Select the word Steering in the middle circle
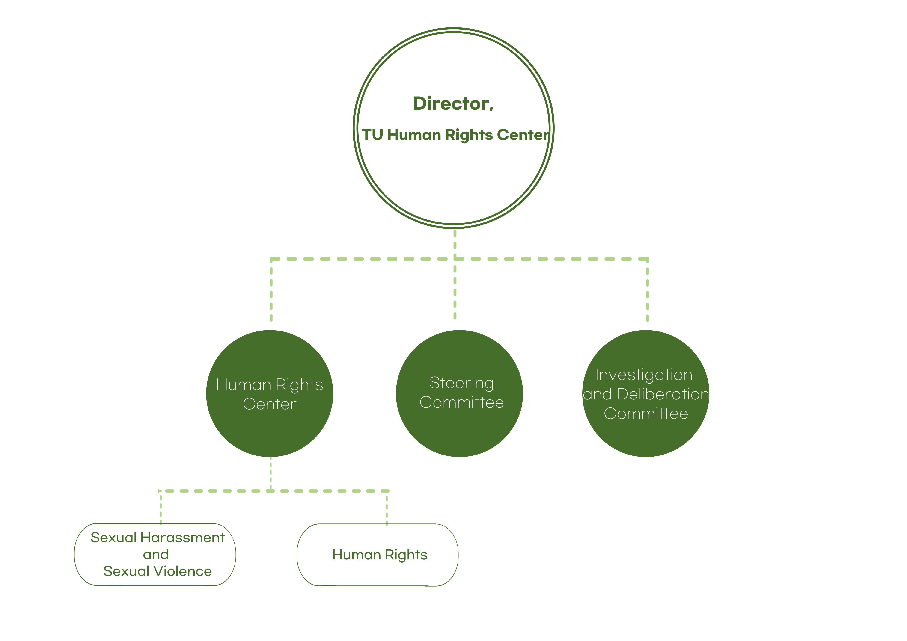(461, 383)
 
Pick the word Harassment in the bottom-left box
(182, 538)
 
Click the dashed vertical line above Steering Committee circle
(455, 292)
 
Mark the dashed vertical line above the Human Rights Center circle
(271, 292)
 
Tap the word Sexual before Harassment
(113, 538)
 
